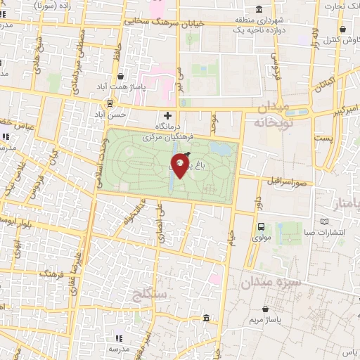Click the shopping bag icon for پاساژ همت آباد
[121, 77]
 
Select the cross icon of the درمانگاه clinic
[167, 115]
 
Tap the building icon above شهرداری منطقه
[260, 10]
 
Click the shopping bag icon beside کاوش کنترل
[342, 30]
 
